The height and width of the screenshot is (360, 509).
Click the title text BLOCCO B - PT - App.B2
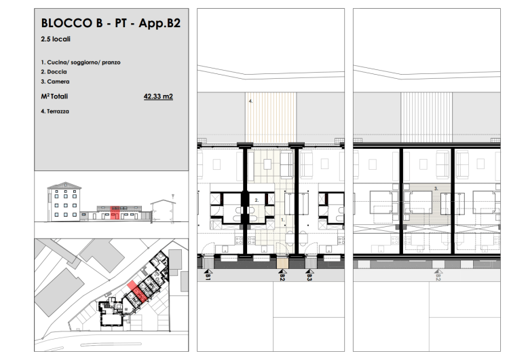(x=111, y=23)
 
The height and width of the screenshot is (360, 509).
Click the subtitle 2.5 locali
(x=56, y=39)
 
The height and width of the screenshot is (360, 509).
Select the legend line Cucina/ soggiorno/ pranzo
(x=83, y=62)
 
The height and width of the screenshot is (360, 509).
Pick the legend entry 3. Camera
(x=55, y=82)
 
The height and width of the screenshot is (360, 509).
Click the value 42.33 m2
(x=158, y=96)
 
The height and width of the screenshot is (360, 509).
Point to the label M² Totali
(x=54, y=96)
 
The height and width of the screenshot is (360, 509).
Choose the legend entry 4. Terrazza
(x=55, y=111)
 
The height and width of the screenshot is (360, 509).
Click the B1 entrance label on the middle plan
(x=208, y=277)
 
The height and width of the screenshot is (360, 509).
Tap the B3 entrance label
(x=309, y=277)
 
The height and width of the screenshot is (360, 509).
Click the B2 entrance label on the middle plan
(x=282, y=277)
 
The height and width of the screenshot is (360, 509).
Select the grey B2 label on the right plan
(x=438, y=277)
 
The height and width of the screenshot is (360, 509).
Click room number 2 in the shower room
(x=257, y=200)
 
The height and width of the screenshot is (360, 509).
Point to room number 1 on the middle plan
(x=283, y=220)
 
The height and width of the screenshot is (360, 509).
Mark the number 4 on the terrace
(x=250, y=101)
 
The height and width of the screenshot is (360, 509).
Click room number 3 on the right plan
(x=436, y=188)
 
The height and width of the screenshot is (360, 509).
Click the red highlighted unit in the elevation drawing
(x=114, y=213)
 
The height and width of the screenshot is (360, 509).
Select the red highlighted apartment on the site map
(x=136, y=292)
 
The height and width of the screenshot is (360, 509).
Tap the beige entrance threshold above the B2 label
(x=282, y=264)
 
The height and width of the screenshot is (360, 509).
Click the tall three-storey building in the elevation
(x=64, y=202)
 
